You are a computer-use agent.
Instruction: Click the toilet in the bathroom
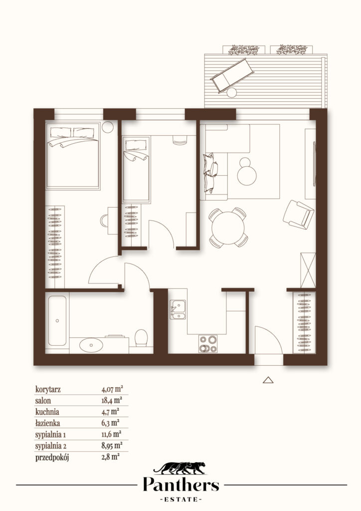141,338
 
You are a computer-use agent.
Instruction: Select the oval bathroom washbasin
91,345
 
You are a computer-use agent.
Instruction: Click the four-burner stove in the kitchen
208,344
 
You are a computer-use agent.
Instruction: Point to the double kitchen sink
178,309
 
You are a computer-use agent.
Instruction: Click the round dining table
227,228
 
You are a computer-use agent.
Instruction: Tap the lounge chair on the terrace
232,76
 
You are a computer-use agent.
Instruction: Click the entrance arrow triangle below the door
268,380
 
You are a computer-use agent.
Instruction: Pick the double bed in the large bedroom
73,156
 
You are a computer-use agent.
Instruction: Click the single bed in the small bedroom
137,170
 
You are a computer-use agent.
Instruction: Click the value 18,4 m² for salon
112,400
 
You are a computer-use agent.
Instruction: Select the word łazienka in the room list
47,423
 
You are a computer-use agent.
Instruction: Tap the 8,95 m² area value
112,445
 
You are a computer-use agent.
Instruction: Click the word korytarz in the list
48,389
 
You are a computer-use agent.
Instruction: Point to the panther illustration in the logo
180,468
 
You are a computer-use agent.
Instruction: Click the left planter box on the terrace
244,49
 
